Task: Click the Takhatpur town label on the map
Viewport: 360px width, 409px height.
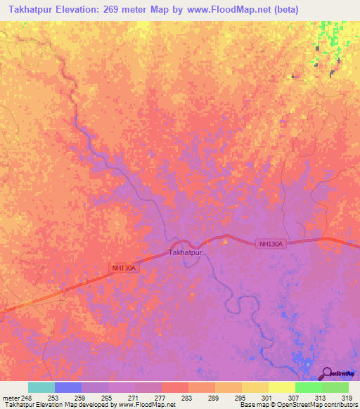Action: [186, 252]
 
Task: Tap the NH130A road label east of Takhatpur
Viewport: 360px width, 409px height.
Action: [271, 244]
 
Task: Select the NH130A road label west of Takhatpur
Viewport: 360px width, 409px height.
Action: [123, 268]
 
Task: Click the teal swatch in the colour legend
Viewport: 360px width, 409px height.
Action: [41, 387]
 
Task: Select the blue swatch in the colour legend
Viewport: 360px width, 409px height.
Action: [68, 387]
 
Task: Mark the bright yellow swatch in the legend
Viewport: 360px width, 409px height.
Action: [281, 387]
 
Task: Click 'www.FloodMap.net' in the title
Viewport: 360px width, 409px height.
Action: [226, 10]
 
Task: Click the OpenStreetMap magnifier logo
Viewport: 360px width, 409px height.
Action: [327, 374]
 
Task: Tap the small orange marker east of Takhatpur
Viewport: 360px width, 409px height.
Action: [226, 243]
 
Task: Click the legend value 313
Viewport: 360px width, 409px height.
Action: [320, 397]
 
